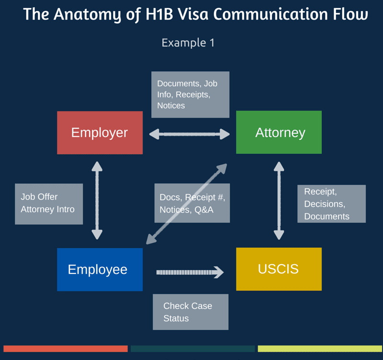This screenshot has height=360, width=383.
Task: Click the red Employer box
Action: click(100, 133)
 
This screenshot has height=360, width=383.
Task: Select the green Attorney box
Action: click(279, 132)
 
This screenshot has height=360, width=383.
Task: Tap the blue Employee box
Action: click(100, 269)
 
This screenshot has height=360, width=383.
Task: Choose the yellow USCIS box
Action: click(279, 269)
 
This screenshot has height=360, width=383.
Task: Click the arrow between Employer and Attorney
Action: click(190, 135)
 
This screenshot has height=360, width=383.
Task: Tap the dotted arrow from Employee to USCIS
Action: click(190, 272)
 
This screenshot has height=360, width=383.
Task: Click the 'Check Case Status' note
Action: click(191, 312)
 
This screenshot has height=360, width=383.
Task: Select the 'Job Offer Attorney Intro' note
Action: click(49, 203)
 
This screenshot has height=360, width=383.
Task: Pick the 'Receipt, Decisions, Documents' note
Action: click(331, 203)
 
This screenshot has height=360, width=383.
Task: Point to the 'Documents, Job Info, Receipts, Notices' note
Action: click(190, 94)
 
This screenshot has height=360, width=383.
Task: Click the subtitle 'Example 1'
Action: click(188, 42)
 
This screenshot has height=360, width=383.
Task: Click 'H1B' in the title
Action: click(156, 14)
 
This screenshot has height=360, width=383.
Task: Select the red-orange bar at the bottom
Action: click(66, 349)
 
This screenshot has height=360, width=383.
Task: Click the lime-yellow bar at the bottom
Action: click(320, 349)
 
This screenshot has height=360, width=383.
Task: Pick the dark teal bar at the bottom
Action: click(192, 349)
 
